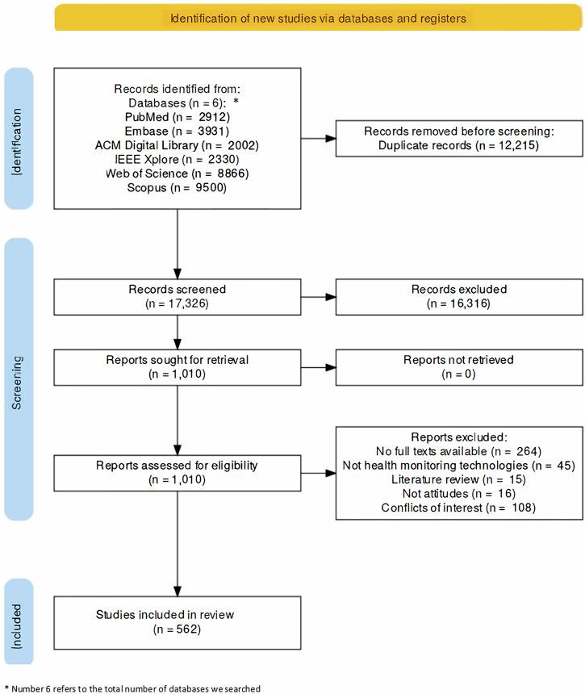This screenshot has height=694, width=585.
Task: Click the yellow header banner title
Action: (318, 17)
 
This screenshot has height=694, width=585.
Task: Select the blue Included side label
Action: (18, 621)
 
